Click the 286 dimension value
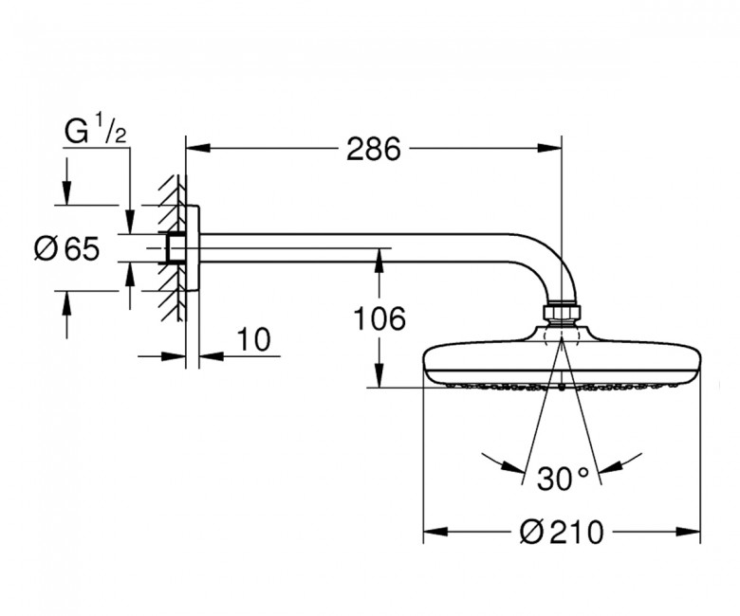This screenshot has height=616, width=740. (x=373, y=149)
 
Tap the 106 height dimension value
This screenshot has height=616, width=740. (x=379, y=318)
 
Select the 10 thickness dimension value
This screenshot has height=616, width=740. (x=254, y=339)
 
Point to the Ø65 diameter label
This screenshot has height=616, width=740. (x=67, y=248)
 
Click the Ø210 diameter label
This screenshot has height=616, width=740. (x=561, y=532)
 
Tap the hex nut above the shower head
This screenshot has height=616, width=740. (x=562, y=315)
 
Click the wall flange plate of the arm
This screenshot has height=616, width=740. (x=193, y=248)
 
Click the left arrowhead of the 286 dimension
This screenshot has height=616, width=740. (x=197, y=149)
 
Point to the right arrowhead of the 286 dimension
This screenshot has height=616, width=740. (x=550, y=149)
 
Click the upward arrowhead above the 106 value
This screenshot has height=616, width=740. (x=379, y=261)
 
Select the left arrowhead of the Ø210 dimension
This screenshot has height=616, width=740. (x=435, y=532)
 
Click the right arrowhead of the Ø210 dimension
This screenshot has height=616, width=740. (x=689, y=532)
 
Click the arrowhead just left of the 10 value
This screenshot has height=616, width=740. (x=174, y=355)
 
